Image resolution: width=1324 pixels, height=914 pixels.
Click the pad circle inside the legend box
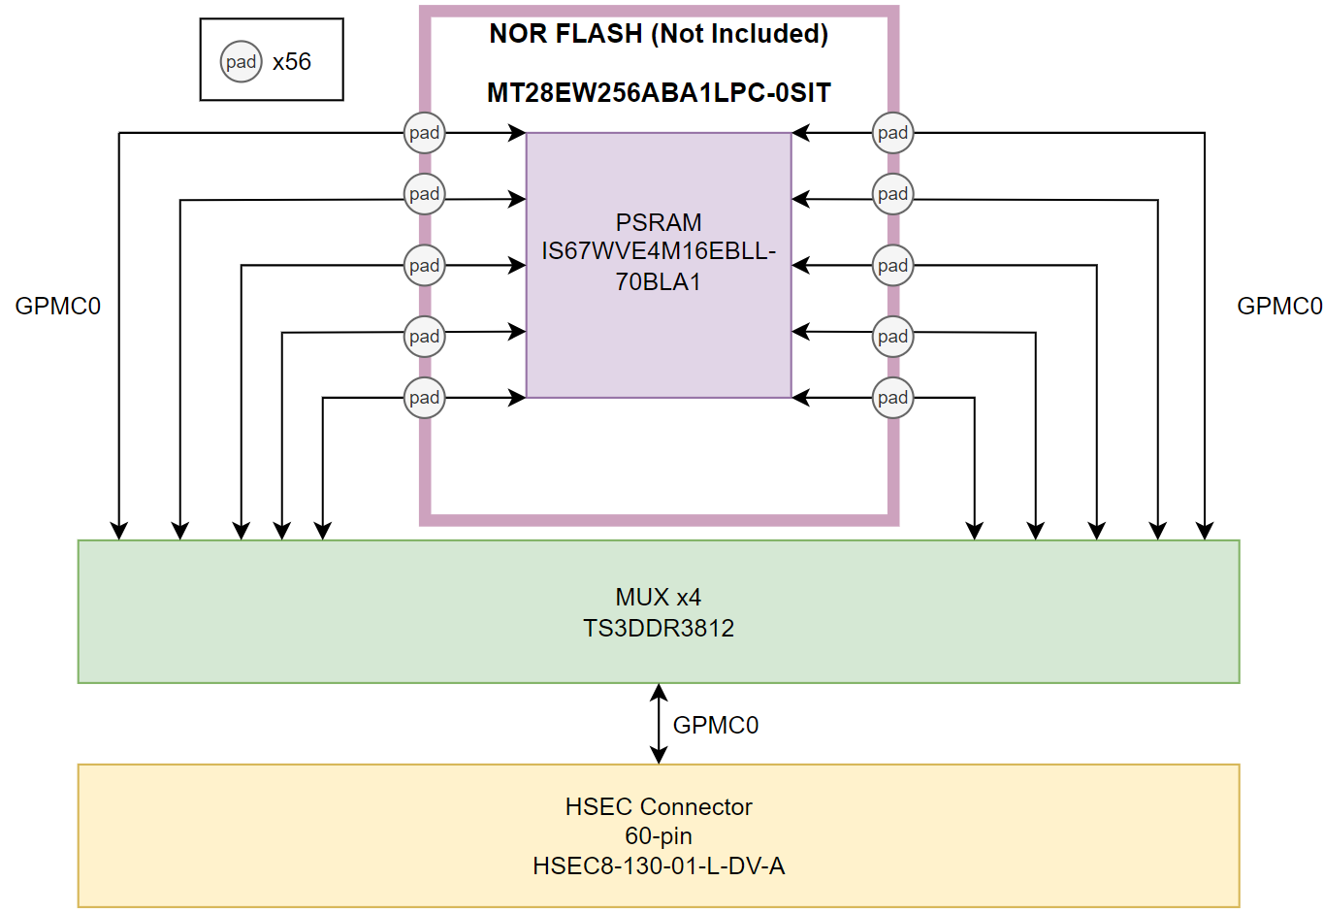pos(241,62)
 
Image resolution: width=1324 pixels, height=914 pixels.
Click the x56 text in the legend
pos(292,62)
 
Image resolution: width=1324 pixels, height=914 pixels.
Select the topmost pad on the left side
pos(424,133)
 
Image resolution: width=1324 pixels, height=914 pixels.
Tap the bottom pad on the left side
pos(424,398)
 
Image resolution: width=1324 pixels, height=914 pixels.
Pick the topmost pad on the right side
pos(892,133)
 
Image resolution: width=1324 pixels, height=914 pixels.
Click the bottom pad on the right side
pos(892,398)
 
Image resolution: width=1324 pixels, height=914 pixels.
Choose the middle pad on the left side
pos(424,266)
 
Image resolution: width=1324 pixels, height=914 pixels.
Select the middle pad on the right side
pos(892,266)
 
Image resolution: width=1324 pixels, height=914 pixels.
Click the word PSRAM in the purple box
pos(659,222)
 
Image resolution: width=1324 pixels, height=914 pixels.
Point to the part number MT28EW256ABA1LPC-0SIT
pos(659,93)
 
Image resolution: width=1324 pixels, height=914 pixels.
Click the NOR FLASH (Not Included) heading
pos(659,34)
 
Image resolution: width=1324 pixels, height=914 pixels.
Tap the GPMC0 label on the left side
pos(58,307)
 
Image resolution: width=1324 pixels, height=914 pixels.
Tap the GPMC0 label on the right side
pos(1279,307)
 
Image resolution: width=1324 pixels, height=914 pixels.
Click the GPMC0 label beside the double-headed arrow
pos(716,725)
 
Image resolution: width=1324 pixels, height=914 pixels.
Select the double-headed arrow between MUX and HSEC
pos(659,724)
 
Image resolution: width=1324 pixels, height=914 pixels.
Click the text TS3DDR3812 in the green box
pos(659,628)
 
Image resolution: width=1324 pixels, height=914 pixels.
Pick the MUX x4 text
pos(659,597)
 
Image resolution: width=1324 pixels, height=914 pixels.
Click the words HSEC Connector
pos(659,806)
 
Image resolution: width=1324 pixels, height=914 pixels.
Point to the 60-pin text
pos(659,835)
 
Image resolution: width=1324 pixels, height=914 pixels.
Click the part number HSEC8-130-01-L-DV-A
pos(659,865)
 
